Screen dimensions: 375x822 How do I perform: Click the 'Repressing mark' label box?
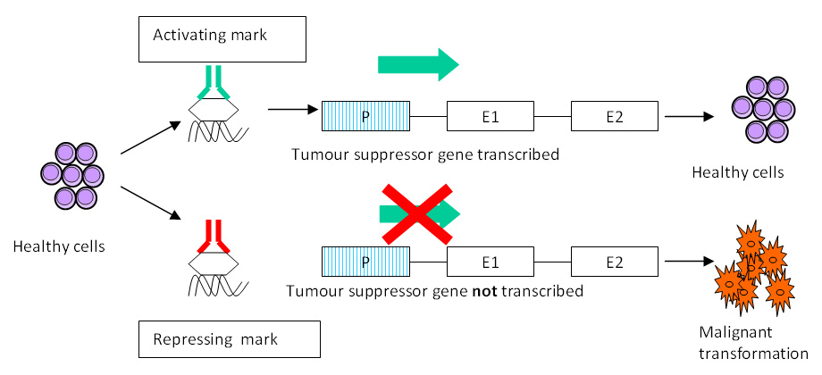click(229, 339)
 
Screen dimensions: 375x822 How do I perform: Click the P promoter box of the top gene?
click(365, 116)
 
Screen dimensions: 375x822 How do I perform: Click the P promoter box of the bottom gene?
click(365, 262)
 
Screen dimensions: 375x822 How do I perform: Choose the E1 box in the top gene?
click(490, 116)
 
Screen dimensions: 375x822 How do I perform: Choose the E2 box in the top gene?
click(615, 116)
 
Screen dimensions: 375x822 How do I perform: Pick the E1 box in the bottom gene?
click(490, 262)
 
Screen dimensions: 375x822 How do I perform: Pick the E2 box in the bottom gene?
click(615, 262)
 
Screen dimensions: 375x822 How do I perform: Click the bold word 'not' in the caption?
click(484, 291)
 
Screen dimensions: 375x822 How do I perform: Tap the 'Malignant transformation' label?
click(753, 343)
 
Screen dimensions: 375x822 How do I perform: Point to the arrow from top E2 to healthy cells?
click(690, 116)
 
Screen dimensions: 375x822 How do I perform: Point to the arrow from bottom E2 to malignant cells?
click(690, 262)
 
